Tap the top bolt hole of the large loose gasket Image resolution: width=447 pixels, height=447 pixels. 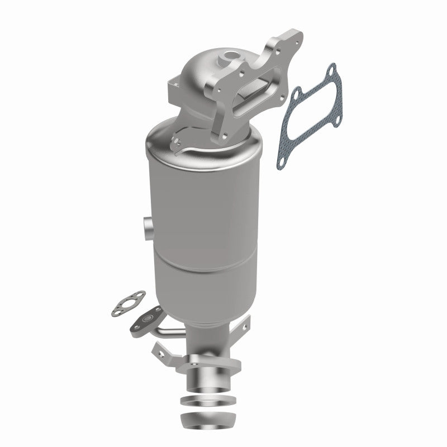point(330,71)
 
